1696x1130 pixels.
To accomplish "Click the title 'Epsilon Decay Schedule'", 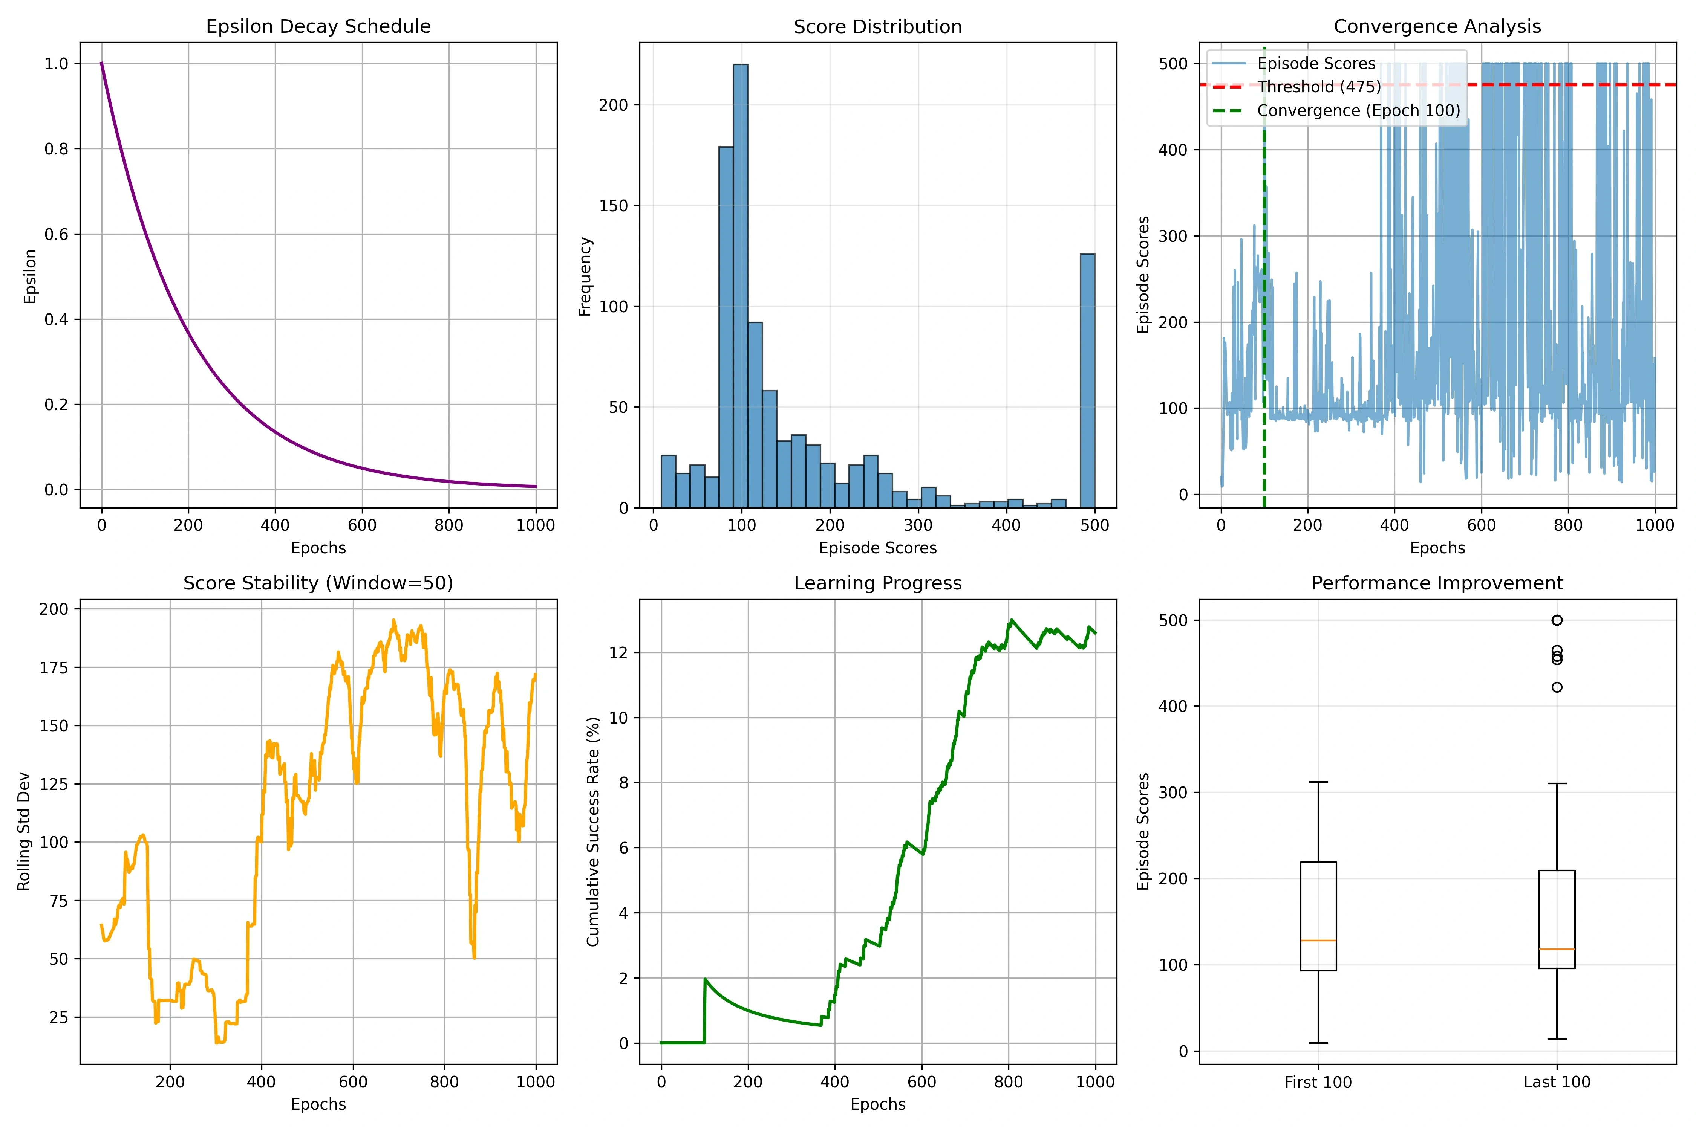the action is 318,27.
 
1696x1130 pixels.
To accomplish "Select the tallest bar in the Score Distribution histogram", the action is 741,286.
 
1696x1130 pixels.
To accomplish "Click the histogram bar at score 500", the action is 1087,380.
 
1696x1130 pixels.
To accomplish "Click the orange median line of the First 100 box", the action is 1318,941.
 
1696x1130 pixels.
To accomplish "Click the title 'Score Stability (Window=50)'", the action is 318,583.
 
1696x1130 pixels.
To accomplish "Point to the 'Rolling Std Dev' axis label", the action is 24,831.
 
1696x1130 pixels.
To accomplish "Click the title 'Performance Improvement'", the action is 1437,583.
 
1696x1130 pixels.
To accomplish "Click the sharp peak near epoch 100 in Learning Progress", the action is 705,979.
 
